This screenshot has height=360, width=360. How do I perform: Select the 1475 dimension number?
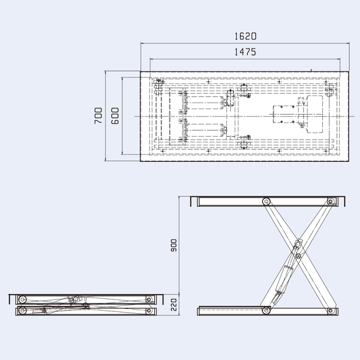247,52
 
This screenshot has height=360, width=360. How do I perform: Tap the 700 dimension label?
99,115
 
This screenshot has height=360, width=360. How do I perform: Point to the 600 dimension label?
115,115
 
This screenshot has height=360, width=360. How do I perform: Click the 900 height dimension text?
174,245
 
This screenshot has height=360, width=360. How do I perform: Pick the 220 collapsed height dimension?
174,304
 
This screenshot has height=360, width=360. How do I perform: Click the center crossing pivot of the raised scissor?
298,256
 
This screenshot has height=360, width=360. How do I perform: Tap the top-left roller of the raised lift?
266,202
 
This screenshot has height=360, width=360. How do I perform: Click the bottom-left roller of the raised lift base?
266,310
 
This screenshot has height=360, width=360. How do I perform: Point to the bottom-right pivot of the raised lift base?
331,310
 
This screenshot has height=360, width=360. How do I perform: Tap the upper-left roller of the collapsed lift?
22,299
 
